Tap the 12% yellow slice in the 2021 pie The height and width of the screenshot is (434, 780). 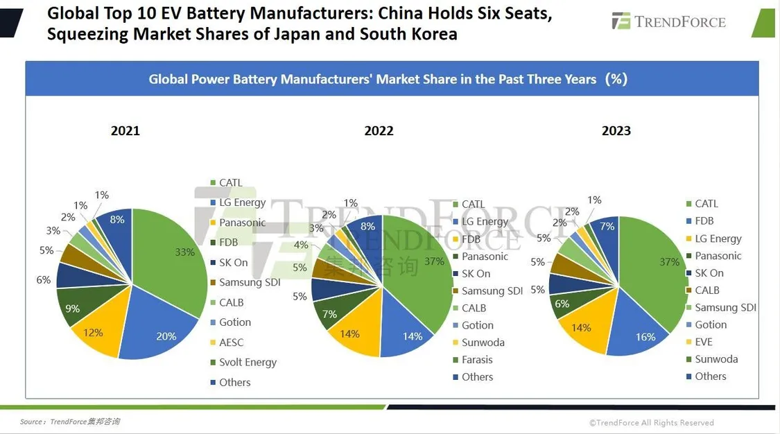tap(97, 331)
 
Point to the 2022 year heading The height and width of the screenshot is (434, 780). tap(379, 131)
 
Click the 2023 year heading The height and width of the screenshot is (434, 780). tap(616, 131)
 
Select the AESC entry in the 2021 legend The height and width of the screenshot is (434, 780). tap(231, 342)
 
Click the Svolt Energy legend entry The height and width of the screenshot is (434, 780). tap(248, 363)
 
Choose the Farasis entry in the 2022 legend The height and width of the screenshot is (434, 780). tap(477, 360)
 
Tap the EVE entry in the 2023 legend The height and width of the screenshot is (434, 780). tap(703, 342)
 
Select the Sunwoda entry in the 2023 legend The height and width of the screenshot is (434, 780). tap(716, 359)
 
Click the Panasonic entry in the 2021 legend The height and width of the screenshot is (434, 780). tap(242, 223)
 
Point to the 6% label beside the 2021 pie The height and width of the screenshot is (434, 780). tap(43, 280)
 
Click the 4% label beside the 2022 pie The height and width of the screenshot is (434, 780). tap(300, 245)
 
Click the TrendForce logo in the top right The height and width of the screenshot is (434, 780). tap(668, 21)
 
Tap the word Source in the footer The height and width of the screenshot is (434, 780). tap(32, 422)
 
